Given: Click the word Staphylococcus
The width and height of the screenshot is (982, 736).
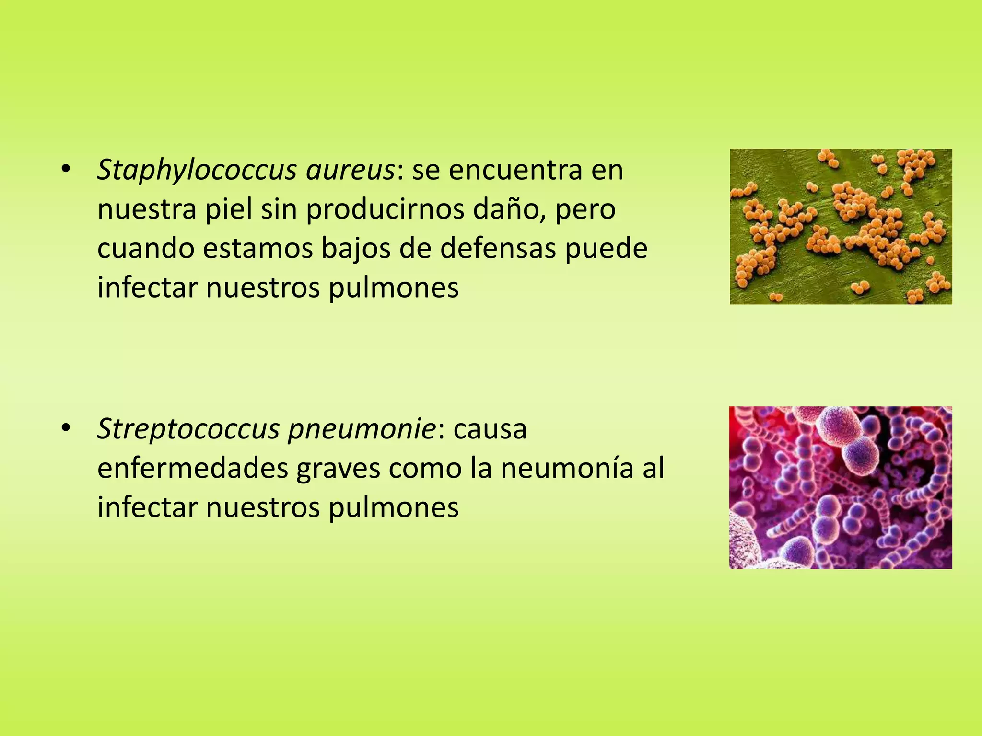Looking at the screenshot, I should tap(196, 171).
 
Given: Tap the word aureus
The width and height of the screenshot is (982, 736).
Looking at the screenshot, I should tap(351, 171).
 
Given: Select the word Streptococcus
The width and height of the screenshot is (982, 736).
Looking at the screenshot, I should tap(188, 429).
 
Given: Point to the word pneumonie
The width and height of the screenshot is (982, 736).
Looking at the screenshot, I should tap(362, 429).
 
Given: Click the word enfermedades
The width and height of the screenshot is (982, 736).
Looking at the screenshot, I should tap(192, 469).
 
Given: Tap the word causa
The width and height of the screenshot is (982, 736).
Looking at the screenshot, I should tap(490, 429).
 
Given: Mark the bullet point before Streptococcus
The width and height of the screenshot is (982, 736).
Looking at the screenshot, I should tap(66, 427).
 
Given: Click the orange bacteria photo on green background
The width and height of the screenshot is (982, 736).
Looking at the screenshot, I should tap(841, 226).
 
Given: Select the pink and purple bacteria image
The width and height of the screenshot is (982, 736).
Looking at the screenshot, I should tap(841, 487).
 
